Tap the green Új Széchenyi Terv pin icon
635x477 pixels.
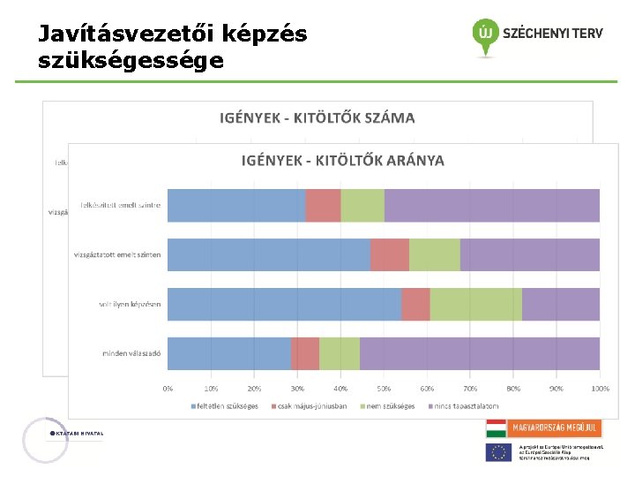coord(484,35)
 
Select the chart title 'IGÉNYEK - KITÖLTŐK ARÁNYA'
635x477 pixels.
coord(343,161)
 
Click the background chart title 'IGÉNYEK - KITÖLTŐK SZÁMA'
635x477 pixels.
coord(317,117)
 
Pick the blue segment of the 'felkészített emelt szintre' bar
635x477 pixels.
coord(236,205)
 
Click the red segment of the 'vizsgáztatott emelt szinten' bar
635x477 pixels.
coord(389,254)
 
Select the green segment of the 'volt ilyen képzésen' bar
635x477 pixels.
coord(475,304)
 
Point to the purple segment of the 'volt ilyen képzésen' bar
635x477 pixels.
coord(560,304)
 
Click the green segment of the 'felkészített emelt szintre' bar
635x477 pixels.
coord(362,205)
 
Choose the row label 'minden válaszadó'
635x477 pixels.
coord(131,353)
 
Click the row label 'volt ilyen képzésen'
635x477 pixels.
coord(130,304)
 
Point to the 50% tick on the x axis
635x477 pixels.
coord(384,388)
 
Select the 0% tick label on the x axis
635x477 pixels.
coord(168,388)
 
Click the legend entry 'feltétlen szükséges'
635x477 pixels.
coord(228,406)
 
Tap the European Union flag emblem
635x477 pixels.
coord(498,452)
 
